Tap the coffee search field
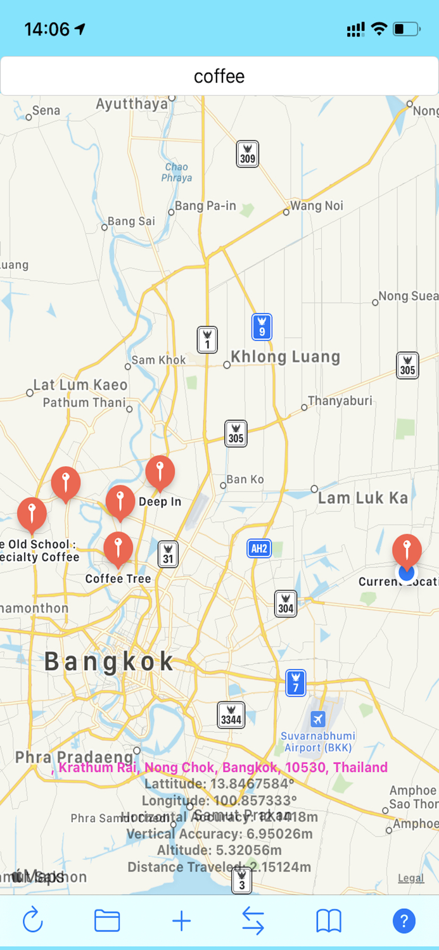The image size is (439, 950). (219, 77)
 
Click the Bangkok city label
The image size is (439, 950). (109, 662)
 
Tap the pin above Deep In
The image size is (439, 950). (160, 472)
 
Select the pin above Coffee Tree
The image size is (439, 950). (118, 548)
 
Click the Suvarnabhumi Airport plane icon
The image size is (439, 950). (318, 719)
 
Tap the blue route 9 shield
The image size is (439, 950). (262, 327)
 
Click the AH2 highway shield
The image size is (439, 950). (259, 548)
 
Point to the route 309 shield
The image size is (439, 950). (248, 154)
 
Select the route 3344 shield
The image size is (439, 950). (231, 715)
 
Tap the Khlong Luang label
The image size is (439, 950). (285, 357)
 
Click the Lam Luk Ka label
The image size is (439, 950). (363, 498)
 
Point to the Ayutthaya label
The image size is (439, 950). (132, 104)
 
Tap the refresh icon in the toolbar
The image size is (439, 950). (33, 920)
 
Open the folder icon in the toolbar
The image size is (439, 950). (107, 920)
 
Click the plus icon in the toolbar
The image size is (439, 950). (181, 920)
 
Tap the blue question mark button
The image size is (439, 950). (404, 920)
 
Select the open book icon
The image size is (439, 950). (329, 920)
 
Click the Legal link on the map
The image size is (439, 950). (411, 878)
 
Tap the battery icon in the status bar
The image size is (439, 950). (406, 28)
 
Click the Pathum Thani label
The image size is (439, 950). (84, 402)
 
